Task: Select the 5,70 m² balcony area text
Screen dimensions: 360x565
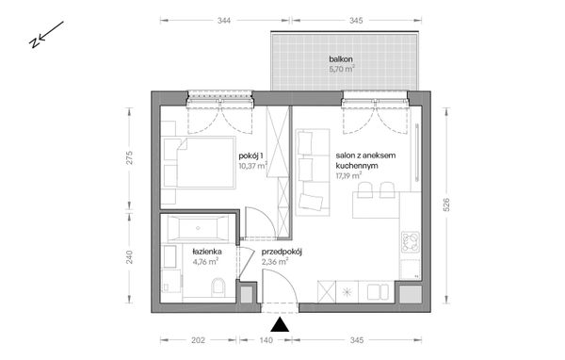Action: click(342, 70)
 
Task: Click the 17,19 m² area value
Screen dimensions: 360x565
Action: click(350, 174)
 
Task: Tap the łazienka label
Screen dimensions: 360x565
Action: click(206, 253)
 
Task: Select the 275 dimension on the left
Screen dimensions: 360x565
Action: click(130, 158)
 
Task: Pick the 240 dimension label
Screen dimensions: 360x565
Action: click(130, 256)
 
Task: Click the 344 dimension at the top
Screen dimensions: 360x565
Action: click(223, 19)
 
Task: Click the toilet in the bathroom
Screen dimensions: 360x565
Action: click(218, 287)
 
